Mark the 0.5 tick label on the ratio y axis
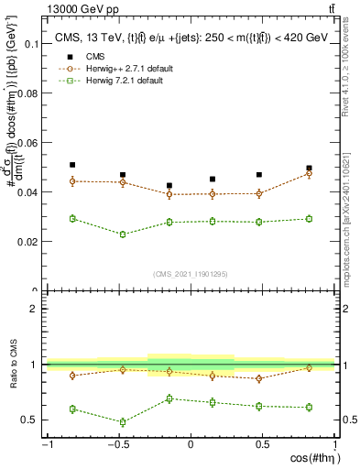coord(29,420)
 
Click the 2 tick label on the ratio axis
coord(33,309)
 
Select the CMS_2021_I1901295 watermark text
coord(191,274)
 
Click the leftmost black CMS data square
coord(72,165)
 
